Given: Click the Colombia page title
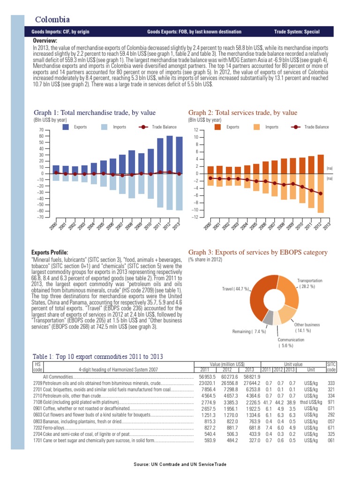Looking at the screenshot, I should [x=53, y=19].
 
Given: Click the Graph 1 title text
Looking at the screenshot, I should [x=95, y=112].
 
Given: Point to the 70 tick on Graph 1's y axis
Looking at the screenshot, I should [x=41, y=130].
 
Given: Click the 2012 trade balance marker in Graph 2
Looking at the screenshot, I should [x=320, y=194].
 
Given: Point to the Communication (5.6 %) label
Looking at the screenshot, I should [x=291, y=343].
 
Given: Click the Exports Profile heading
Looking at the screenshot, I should [x=49, y=252].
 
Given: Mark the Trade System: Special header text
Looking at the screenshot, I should [x=297, y=32].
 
